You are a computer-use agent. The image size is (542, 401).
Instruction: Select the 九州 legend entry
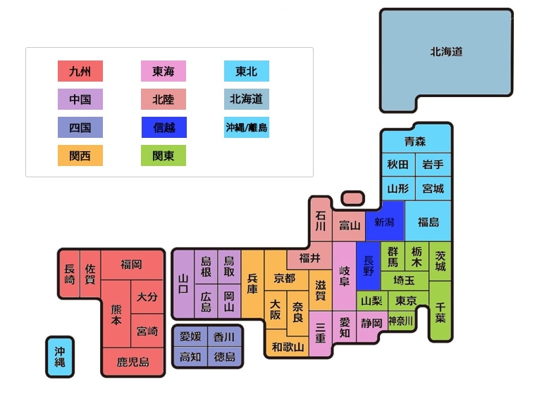80,71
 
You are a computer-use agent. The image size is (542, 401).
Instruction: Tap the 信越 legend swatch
164,127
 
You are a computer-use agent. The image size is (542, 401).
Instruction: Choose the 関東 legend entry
164,155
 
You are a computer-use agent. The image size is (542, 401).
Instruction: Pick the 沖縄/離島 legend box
247,127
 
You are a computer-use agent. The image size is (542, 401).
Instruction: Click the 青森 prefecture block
416,141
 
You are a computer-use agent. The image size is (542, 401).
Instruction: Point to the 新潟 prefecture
385,222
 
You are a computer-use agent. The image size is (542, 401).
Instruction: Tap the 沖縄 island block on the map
60,357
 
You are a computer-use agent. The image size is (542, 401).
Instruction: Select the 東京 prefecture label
406,300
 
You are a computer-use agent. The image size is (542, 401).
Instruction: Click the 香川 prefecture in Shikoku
224,337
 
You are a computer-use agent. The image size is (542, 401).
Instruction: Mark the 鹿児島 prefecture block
133,362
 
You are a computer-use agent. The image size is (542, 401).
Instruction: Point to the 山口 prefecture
183,284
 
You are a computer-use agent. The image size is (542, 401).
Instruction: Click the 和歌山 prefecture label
288,346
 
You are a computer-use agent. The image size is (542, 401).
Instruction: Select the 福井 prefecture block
309,258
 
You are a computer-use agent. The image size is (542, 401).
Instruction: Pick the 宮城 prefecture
433,189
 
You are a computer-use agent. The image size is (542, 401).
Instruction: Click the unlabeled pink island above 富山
352,198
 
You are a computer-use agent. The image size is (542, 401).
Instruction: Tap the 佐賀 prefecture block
90,274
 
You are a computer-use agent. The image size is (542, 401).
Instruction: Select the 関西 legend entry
80,155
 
